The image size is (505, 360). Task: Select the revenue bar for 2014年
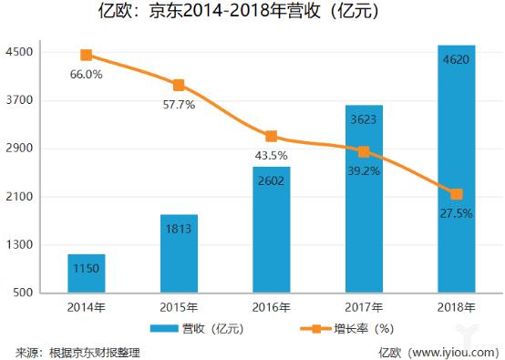86,273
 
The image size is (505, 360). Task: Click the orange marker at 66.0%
87,56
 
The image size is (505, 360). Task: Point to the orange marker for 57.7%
179,85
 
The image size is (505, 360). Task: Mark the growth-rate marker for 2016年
272,136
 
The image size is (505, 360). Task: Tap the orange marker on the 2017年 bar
364,152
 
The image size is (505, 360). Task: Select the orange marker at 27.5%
456,194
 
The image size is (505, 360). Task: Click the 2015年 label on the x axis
179,307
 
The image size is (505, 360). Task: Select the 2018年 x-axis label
456,307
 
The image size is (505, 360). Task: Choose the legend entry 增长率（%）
343,328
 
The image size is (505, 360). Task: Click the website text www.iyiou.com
453,351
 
